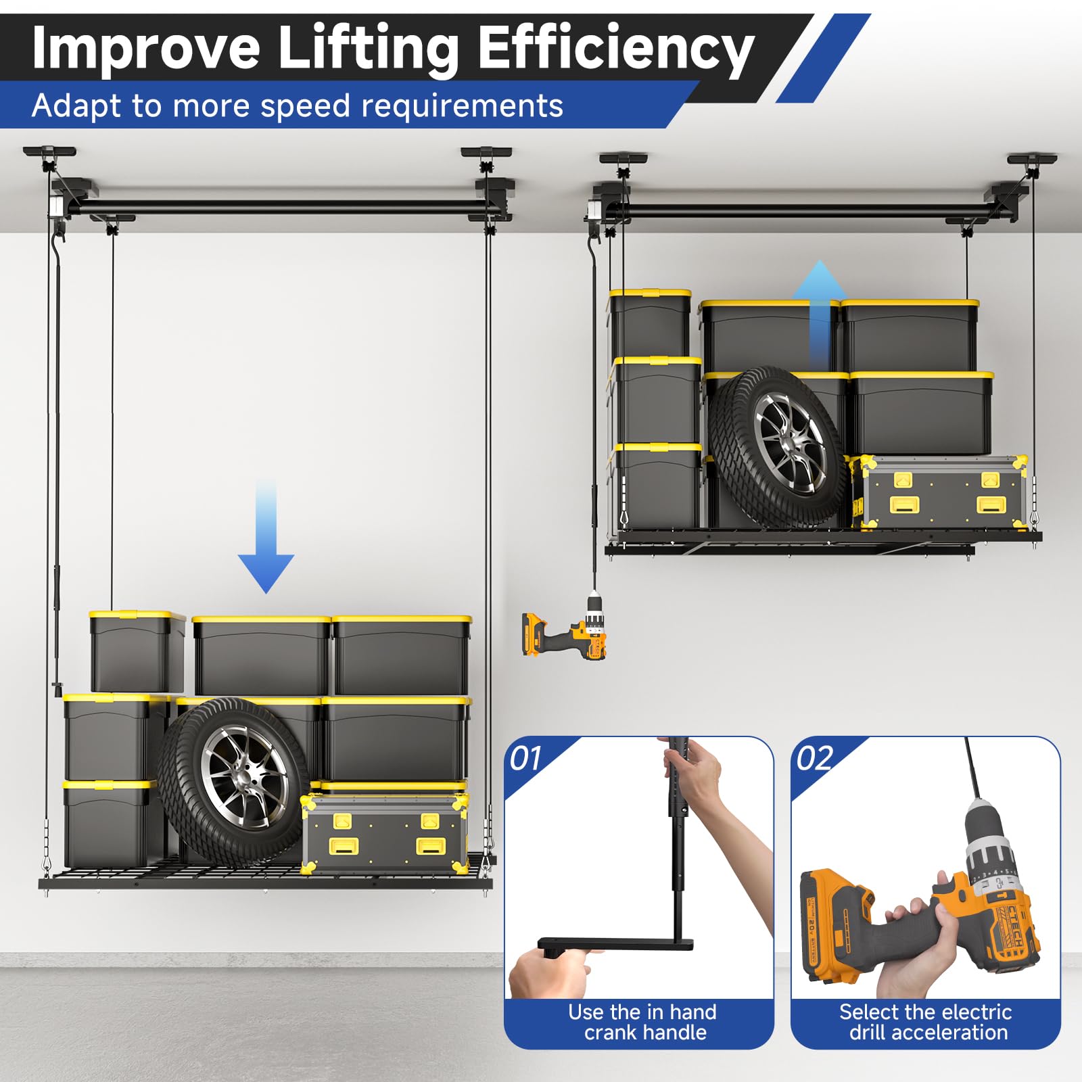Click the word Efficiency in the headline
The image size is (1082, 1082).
point(616,48)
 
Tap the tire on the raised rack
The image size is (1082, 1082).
point(777,447)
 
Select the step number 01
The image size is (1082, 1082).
point(526,759)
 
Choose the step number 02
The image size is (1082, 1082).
point(814,759)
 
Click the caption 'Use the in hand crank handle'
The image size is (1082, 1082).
point(643,1022)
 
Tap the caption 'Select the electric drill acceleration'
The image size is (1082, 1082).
point(926,1022)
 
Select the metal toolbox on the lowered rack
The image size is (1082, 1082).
point(385,832)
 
